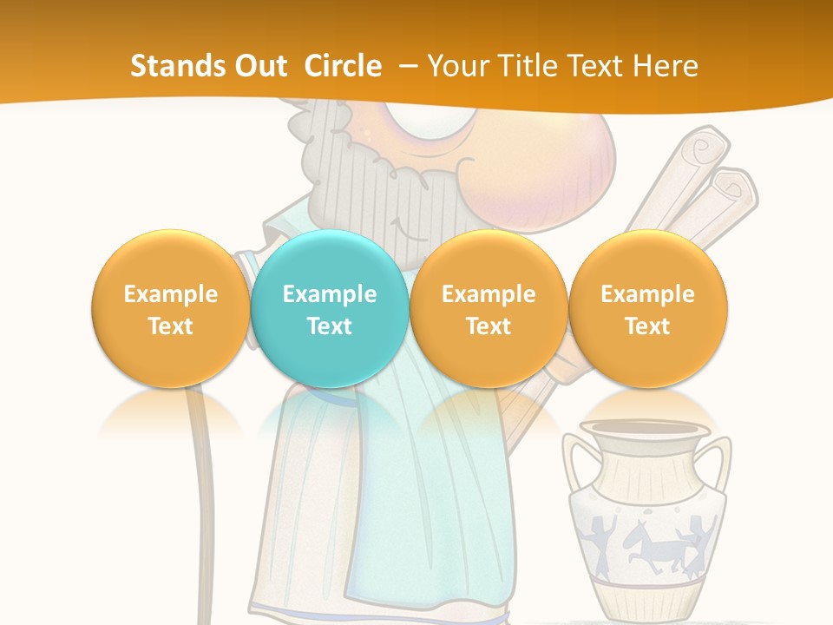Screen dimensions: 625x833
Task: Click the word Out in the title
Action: [x=257, y=66]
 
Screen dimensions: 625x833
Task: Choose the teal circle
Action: [x=330, y=308]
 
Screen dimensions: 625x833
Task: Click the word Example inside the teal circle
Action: [x=330, y=294]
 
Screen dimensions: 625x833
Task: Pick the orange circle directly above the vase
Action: [x=647, y=308]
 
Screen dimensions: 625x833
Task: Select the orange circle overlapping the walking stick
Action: [x=170, y=308]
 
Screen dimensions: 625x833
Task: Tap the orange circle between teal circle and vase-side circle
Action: [x=489, y=308]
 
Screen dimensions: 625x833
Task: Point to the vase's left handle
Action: [x=575, y=469]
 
